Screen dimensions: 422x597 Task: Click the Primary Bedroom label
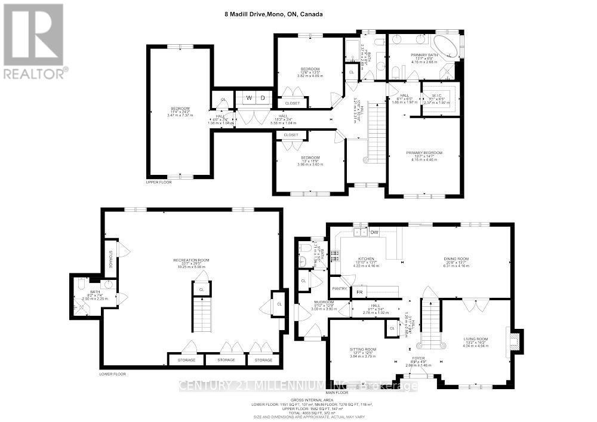click(424, 153)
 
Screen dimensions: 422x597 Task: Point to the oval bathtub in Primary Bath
click(445, 46)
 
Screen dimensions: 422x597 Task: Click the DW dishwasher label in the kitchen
click(375, 232)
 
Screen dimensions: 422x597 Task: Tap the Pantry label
click(340, 288)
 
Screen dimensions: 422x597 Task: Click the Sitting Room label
click(362, 349)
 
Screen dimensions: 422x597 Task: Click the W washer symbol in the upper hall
click(250, 97)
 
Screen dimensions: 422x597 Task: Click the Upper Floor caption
click(159, 182)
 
